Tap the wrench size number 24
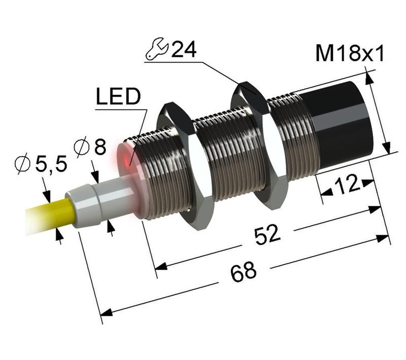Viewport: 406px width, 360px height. coord(184,50)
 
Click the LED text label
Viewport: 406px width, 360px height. coord(117,97)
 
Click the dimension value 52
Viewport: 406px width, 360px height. coord(267,235)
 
